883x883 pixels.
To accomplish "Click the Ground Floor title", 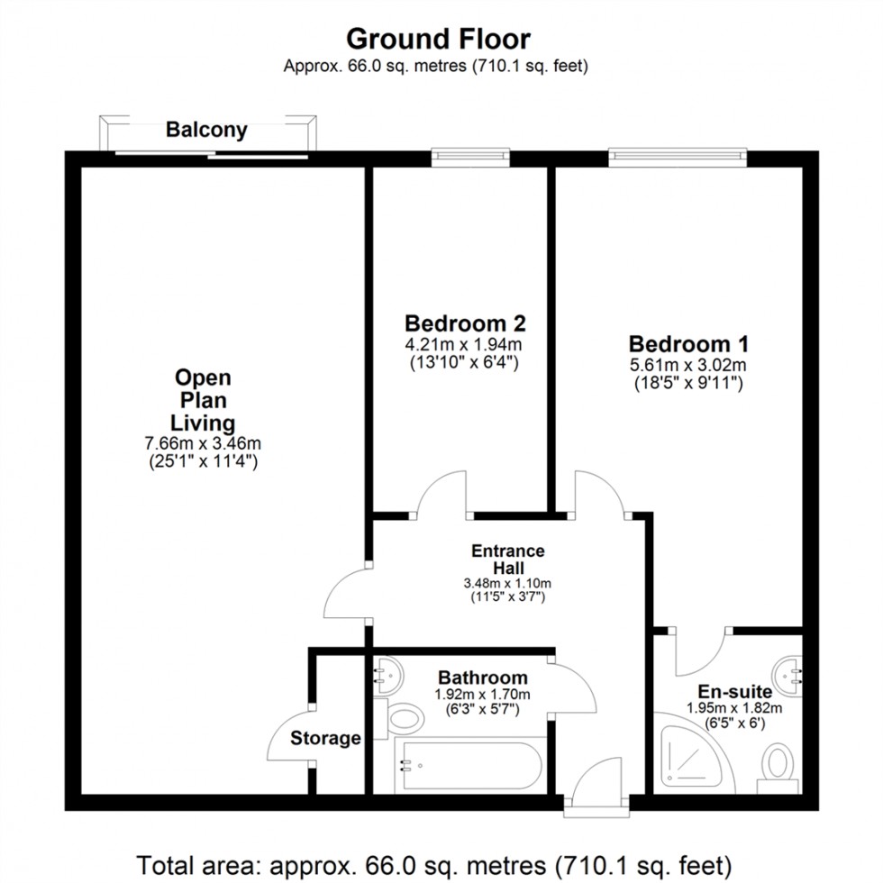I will (x=438, y=39).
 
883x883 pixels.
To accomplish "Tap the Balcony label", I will (x=206, y=130).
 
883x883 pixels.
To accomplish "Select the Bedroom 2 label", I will (x=465, y=323).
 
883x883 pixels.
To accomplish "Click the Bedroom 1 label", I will (x=688, y=343).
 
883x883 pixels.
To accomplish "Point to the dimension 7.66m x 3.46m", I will (x=204, y=443).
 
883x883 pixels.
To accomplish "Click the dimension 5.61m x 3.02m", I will (x=688, y=365).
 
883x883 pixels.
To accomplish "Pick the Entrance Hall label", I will (x=507, y=559).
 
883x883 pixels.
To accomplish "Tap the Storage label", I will (x=325, y=739).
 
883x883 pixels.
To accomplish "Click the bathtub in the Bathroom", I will (x=471, y=766).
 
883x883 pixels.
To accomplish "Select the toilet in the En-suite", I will (x=777, y=764).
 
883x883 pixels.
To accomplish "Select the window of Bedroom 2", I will (x=471, y=158).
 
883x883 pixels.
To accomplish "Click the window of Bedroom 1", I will (x=678, y=158).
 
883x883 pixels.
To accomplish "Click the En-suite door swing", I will (x=700, y=653).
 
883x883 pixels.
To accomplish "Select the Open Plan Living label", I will (x=204, y=399).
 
